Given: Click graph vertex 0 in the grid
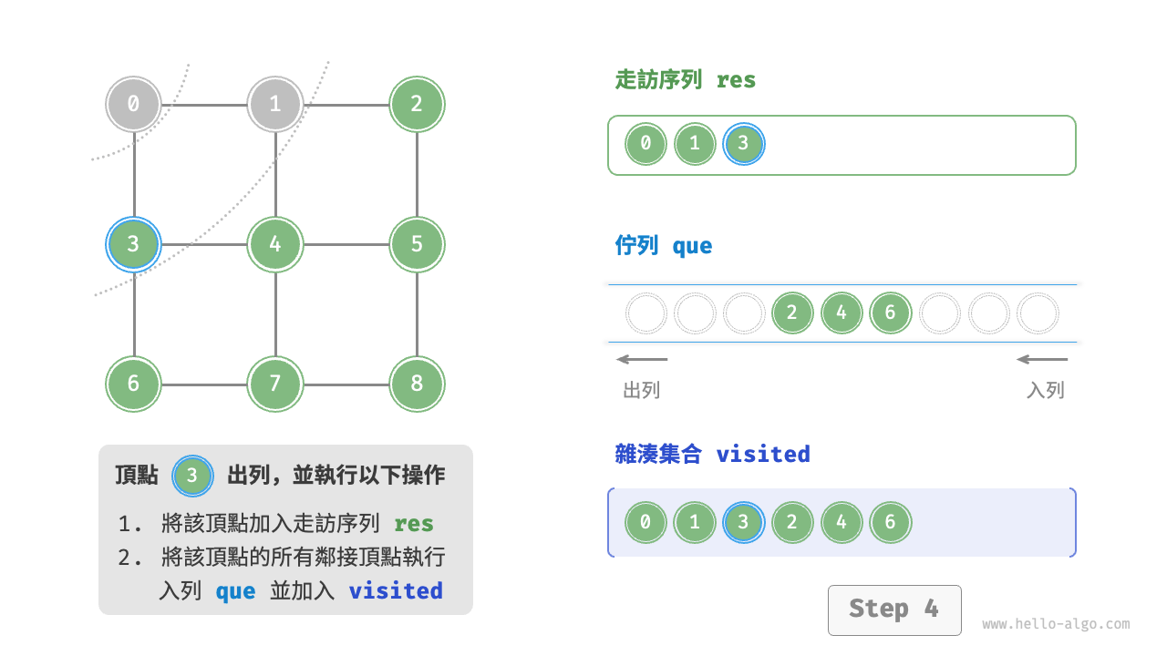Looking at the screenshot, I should [x=133, y=104].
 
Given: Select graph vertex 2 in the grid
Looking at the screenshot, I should [x=417, y=104].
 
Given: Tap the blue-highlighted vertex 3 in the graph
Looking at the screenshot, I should [x=133, y=244].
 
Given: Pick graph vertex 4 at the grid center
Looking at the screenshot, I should [x=275, y=244].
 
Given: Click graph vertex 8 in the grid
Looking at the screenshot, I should [x=417, y=384].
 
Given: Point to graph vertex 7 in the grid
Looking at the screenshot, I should [x=275, y=384].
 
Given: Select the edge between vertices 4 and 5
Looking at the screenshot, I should [x=346, y=244].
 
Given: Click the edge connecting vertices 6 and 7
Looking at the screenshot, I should [x=204, y=384].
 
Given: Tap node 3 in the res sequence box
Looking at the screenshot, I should [x=743, y=144].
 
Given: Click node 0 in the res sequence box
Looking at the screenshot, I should [x=645, y=144].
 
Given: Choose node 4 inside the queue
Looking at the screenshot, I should [x=841, y=313].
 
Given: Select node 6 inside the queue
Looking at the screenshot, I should [x=890, y=313].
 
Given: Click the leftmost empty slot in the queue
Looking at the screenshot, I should [x=645, y=313].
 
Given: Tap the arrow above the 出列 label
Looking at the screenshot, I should [x=642, y=359].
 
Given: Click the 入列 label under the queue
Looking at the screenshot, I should [x=1045, y=391].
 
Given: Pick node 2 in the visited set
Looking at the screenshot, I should [x=791, y=523].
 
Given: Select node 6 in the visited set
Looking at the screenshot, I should [x=890, y=523].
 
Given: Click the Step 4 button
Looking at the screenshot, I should [x=893, y=610].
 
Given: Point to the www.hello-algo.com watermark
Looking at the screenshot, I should [x=1056, y=625].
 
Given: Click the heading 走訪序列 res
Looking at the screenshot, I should [x=686, y=80].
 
